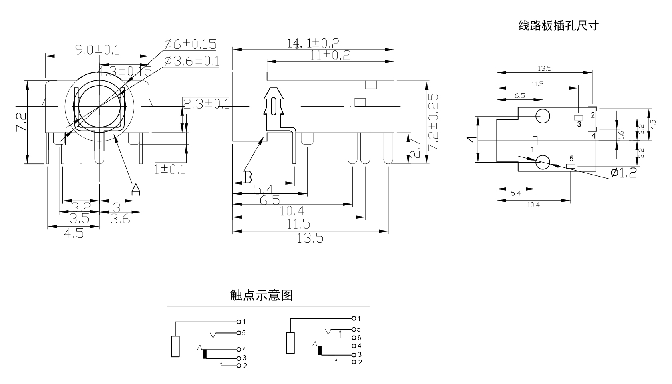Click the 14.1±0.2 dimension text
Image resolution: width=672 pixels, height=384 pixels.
coord(313,43)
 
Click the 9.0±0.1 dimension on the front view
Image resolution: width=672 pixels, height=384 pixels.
coord(97,50)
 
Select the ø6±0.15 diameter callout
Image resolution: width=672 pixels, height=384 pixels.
coord(190,44)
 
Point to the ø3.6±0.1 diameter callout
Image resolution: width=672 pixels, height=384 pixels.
coord(191,61)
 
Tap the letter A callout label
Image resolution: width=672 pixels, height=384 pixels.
coord(136,189)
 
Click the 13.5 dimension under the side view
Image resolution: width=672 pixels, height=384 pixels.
coord(310,239)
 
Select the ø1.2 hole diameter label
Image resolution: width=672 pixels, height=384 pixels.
coord(623,173)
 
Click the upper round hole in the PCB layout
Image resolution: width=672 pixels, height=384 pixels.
coord(543,116)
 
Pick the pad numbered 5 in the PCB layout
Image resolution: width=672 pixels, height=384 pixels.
coord(571,166)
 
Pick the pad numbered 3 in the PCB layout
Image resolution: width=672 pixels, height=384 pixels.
coord(579,118)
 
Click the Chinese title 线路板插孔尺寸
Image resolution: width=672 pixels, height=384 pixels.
coord(559,26)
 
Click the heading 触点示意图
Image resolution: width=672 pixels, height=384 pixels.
coord(261,295)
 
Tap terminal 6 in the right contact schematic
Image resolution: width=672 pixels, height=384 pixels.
coord(354,338)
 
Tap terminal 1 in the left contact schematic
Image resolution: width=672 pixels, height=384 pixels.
coord(239,322)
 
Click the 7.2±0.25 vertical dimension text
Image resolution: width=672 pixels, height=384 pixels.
coord(433,122)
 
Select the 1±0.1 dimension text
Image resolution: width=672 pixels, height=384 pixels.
coord(169,170)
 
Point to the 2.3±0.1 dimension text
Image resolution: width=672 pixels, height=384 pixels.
coord(206,104)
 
